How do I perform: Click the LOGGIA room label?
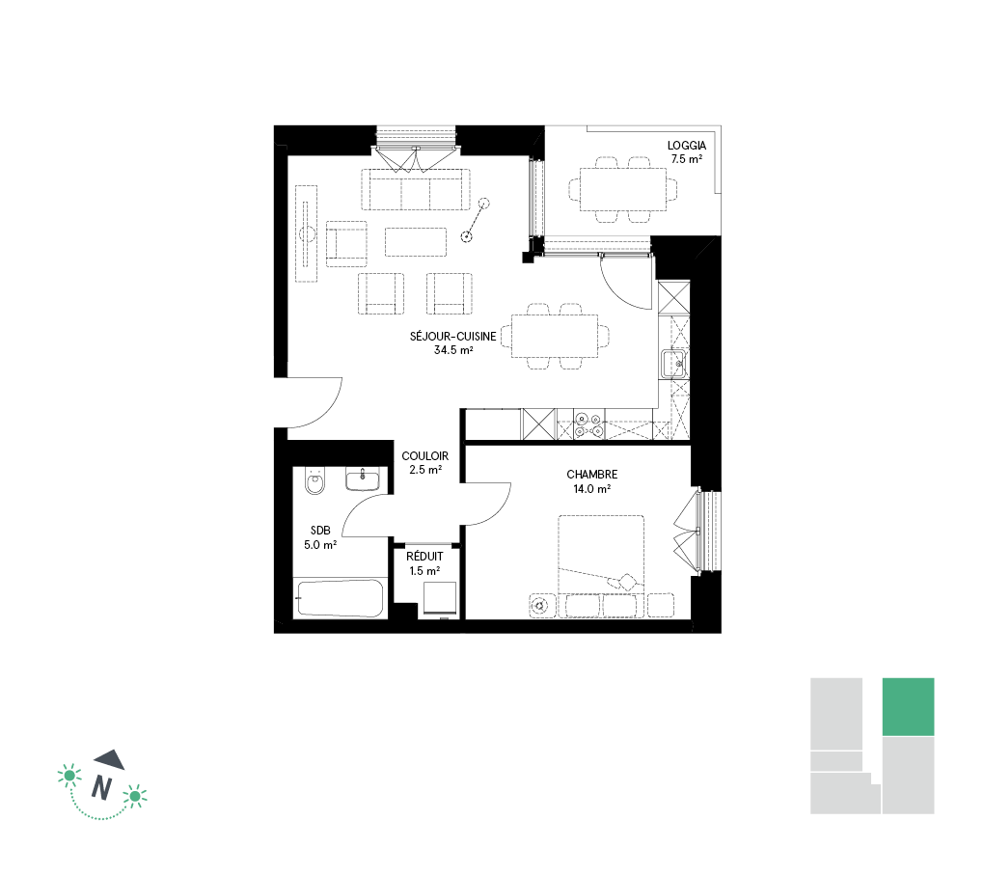click(x=687, y=145)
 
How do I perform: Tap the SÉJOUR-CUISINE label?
click(x=453, y=337)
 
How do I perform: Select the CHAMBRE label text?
click(x=591, y=475)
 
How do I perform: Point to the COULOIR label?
click(x=424, y=456)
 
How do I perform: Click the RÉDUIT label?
click(x=424, y=557)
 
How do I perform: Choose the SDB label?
click(x=320, y=531)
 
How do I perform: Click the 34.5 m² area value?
click(x=453, y=350)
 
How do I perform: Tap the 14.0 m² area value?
click(x=591, y=488)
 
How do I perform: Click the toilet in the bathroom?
click(x=314, y=480)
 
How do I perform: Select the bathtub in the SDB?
click(x=341, y=598)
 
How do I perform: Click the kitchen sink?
click(x=673, y=364)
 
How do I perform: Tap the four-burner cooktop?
click(x=588, y=424)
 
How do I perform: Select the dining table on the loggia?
click(x=623, y=189)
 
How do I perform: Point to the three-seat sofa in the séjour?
click(x=416, y=189)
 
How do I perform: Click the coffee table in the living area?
click(x=416, y=242)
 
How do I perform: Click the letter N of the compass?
click(x=101, y=787)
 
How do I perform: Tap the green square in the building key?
click(x=908, y=707)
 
